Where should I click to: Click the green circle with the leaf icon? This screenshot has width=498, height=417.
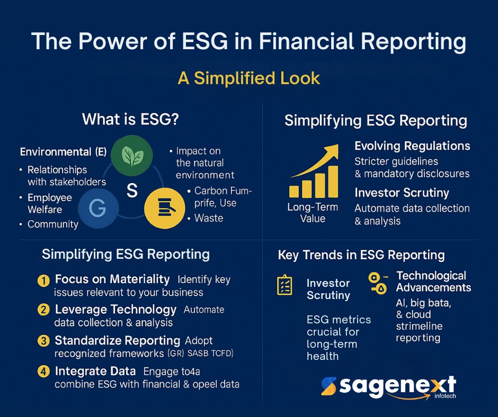[x=132, y=156]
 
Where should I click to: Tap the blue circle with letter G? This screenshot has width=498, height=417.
[x=99, y=208]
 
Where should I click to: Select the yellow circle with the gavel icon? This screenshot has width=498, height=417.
[x=165, y=208]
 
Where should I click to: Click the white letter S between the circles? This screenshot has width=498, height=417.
[x=132, y=191]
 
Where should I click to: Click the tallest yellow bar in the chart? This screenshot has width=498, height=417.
[x=333, y=182]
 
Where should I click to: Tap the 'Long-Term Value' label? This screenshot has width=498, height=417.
[x=313, y=213]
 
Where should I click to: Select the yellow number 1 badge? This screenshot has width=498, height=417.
[x=43, y=280]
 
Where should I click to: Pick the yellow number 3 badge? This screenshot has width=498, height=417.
[x=43, y=341]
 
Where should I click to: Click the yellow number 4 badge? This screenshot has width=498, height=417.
[x=43, y=371]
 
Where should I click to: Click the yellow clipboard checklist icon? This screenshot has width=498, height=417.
[x=284, y=285]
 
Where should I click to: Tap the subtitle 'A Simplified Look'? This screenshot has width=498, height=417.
[x=249, y=78]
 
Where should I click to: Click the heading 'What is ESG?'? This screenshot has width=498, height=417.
[x=130, y=119]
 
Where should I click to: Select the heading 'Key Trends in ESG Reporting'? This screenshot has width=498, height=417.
[x=361, y=255]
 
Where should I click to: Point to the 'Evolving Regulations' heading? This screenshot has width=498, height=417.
[x=412, y=146]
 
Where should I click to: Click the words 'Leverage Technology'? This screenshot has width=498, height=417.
[x=115, y=310]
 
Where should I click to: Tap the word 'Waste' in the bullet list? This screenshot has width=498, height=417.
[x=209, y=218]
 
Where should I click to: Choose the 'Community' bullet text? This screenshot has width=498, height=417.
[x=53, y=224]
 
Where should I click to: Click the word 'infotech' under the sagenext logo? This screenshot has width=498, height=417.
[x=445, y=396]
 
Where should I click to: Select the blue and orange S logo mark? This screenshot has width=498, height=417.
[x=328, y=386]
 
